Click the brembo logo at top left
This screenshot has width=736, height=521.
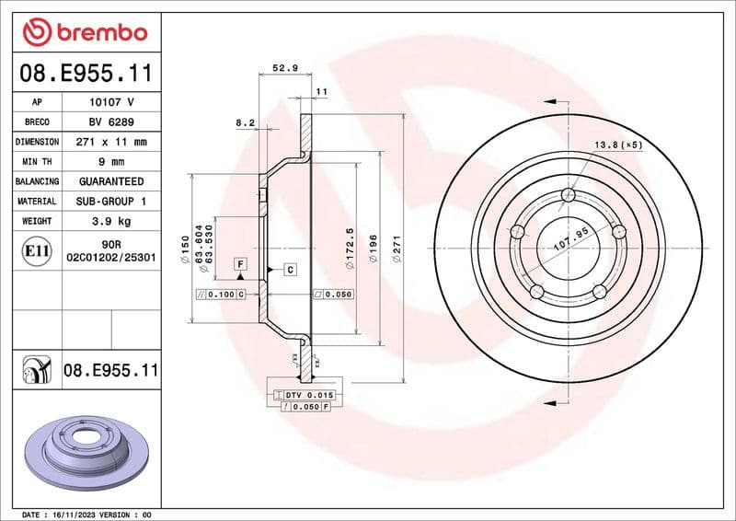tap(85, 31)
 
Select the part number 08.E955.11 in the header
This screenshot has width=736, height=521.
tap(86, 72)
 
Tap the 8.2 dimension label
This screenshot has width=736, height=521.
tap(244, 122)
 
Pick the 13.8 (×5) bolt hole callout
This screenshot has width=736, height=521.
tap(616, 145)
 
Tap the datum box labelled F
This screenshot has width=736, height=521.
tap(241, 264)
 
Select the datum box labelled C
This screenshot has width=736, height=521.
tap(289, 270)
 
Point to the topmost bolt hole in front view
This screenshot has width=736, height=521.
tap(568, 195)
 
